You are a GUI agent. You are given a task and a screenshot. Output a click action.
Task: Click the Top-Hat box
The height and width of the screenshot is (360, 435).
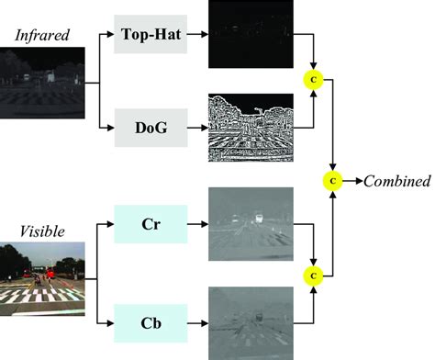pyautogui.click(x=151, y=33)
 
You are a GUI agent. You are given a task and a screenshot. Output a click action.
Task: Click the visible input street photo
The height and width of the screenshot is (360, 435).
pyautogui.click(x=45, y=273)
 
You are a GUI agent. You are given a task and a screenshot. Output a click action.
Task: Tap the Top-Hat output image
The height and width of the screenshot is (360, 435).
pyautogui.click(x=250, y=34)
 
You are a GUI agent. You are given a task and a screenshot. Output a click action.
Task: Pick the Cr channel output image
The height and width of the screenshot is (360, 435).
pyautogui.click(x=250, y=223)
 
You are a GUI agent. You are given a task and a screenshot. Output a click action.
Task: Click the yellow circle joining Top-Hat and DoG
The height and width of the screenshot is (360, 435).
pyautogui.click(x=313, y=81)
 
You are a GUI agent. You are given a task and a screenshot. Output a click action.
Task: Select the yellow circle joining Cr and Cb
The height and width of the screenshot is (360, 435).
pyautogui.click(x=313, y=273)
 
